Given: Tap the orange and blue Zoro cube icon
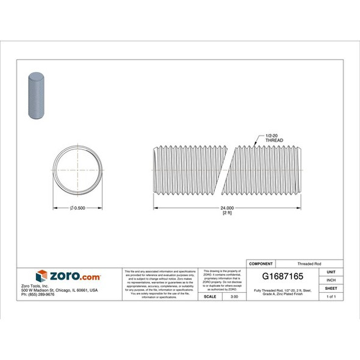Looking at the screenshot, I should (x=41, y=276).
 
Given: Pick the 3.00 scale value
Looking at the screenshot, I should (x=234, y=297).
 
